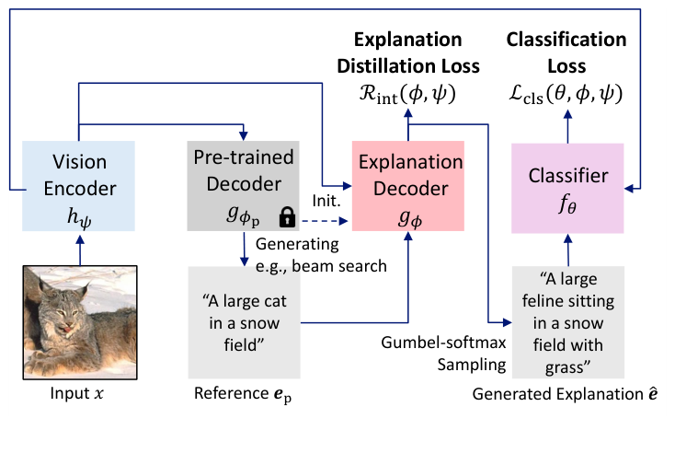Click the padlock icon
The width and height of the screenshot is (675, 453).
pyautogui.click(x=288, y=217)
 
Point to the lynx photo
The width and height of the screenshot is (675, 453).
pyautogui.click(x=81, y=321)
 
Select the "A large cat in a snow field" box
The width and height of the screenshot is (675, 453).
pyautogui.click(x=244, y=323)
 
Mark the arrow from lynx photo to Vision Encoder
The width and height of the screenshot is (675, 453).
pyautogui.click(x=81, y=248)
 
